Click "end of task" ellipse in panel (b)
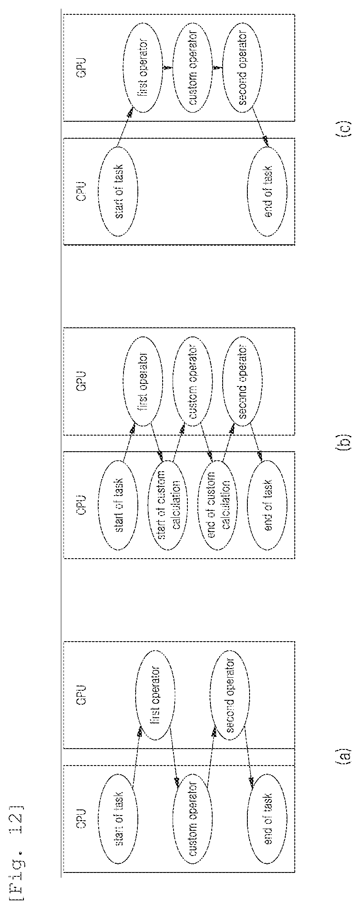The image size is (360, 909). pyautogui.click(x=268, y=506)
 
